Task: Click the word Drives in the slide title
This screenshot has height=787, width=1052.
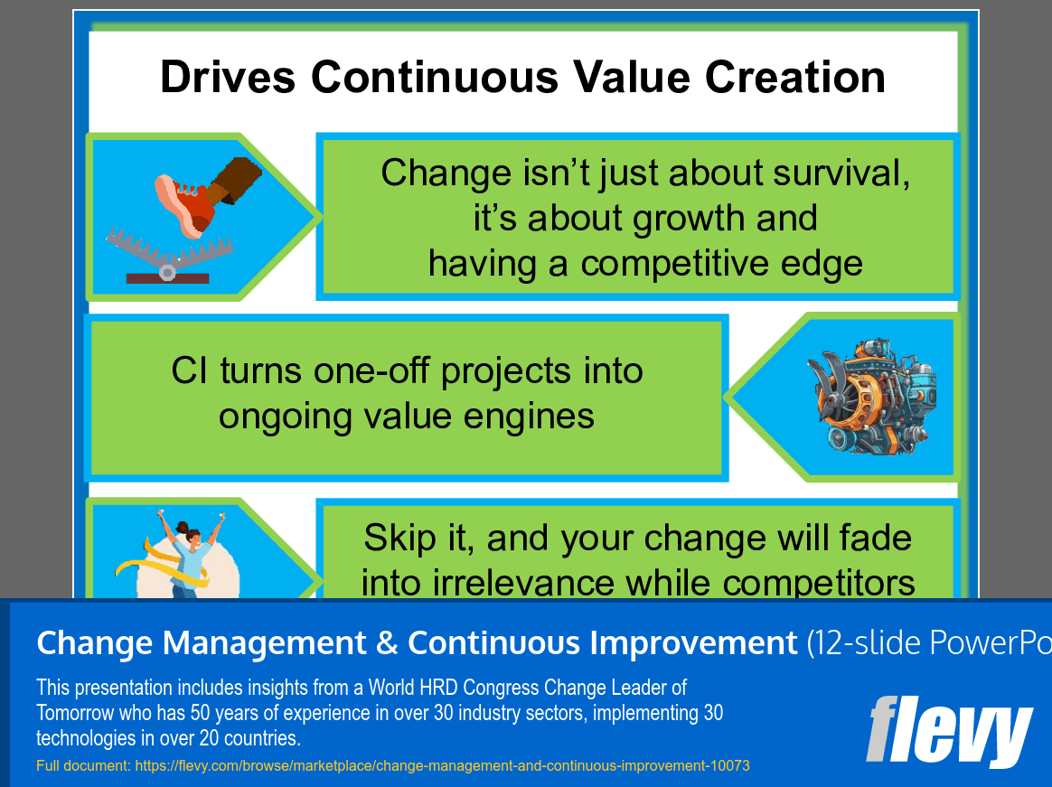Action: coord(228,77)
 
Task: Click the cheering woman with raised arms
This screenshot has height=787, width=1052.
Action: coord(189,554)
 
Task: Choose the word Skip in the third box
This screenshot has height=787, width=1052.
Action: coord(399,539)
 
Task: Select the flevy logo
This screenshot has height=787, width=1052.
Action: coord(949,730)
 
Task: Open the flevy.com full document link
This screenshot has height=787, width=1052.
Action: coord(442,765)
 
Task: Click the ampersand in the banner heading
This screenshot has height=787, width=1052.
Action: coord(387,642)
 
